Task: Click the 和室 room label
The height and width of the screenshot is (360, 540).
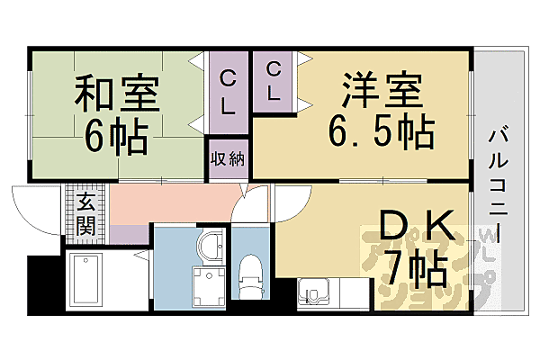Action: pyautogui.click(x=117, y=94)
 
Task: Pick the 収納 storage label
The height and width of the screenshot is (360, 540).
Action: pyautogui.click(x=228, y=159)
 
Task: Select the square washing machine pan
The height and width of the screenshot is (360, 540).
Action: pyautogui.click(x=210, y=282)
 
